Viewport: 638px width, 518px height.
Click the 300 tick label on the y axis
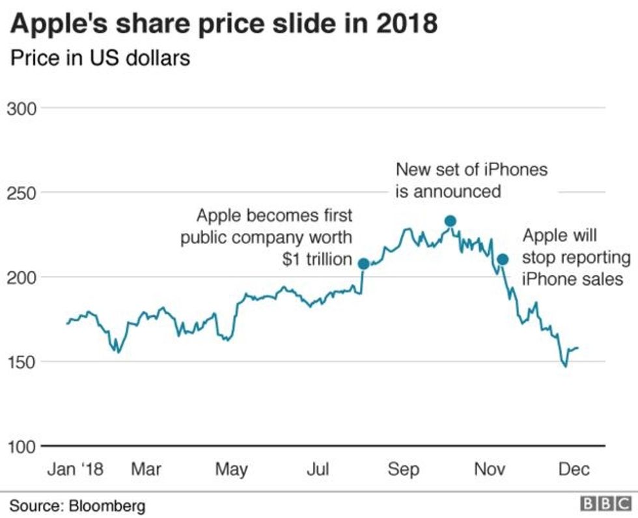pyautogui.click(x=22, y=108)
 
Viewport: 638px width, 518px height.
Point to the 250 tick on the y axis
pyautogui.click(x=22, y=193)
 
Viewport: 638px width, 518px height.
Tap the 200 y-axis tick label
pyautogui.click(x=22, y=277)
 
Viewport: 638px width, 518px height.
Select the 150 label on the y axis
pyautogui.click(x=22, y=361)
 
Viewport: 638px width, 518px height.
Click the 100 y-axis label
pyautogui.click(x=22, y=446)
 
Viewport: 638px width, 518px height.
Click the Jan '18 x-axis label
pyautogui.click(x=76, y=469)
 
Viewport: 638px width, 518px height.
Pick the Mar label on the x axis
pyautogui.click(x=146, y=469)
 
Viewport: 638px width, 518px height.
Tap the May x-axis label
pyautogui.click(x=232, y=469)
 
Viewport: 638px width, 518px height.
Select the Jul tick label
pyautogui.click(x=317, y=469)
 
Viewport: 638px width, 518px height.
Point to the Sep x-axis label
pyautogui.click(x=404, y=469)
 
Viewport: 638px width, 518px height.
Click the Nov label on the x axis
pyautogui.click(x=490, y=469)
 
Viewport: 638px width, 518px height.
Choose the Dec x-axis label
pyautogui.click(x=573, y=469)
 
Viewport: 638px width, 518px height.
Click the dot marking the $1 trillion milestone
pyautogui.click(x=363, y=264)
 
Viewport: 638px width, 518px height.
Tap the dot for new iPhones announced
pyautogui.click(x=450, y=221)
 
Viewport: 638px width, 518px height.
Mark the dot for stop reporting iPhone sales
pyautogui.click(x=503, y=260)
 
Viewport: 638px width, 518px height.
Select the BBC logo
pyautogui.click(x=605, y=504)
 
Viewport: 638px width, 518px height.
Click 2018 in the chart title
pyautogui.click(x=404, y=24)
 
